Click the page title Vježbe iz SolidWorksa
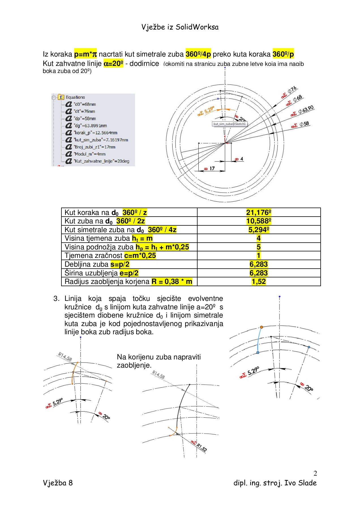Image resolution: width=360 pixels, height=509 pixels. click(180, 27)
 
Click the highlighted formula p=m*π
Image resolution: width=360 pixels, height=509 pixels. click(85, 54)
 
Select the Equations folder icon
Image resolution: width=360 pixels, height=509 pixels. click(61, 97)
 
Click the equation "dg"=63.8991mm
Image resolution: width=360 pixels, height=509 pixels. click(90, 126)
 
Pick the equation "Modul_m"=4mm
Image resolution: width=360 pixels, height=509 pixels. click(89, 154)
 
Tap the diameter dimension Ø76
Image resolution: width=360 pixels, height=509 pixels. click(292, 90)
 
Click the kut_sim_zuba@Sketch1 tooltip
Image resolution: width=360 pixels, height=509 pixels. click(230, 124)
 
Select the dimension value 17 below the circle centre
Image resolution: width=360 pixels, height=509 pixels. click(212, 169)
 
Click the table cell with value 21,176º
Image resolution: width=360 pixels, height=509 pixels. click(259, 212)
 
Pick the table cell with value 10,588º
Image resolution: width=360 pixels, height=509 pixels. click(259, 221)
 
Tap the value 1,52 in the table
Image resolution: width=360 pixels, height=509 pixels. click(259, 282)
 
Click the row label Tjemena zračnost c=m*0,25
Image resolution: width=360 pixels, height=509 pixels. click(110, 256)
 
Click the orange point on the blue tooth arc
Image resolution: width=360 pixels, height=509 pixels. click(262, 327)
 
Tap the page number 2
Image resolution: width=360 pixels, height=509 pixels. click(315, 473)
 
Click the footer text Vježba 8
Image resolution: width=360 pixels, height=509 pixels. click(58, 483)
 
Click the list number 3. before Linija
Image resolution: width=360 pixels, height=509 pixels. click(56, 299)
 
